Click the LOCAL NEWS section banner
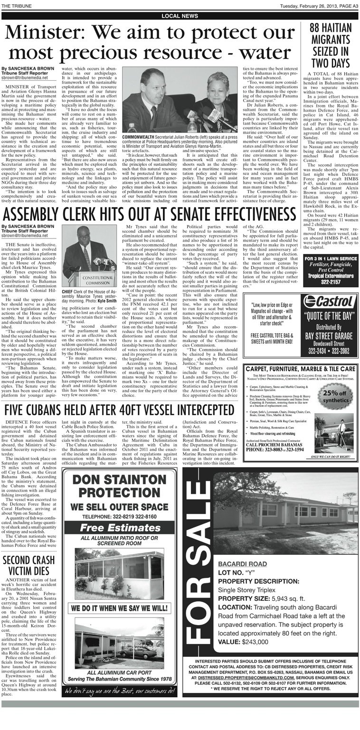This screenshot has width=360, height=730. [180, 16]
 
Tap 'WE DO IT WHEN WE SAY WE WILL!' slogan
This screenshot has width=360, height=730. [119, 607]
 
